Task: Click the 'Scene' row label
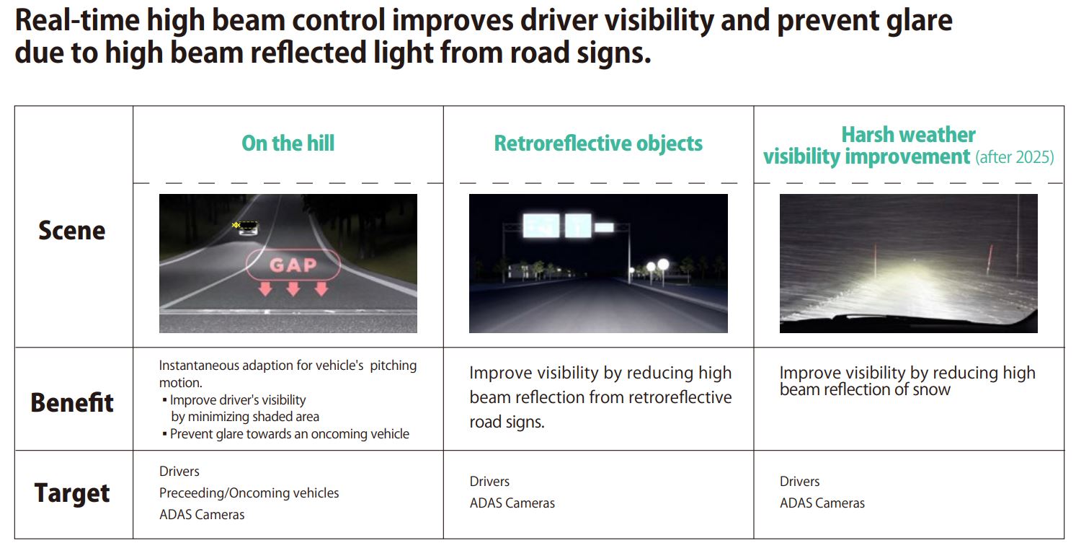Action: click(72, 231)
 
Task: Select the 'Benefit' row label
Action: click(72, 402)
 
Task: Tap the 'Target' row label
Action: click(72, 493)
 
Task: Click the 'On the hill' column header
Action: click(288, 143)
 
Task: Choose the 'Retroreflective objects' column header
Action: click(598, 143)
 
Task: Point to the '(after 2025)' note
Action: click(1015, 157)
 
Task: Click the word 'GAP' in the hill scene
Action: click(293, 265)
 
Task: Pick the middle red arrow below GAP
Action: click(293, 289)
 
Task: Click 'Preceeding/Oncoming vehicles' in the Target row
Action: click(249, 493)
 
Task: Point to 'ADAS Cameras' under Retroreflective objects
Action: click(512, 503)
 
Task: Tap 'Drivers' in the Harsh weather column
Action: click(799, 482)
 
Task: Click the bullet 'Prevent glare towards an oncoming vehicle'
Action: click(289, 434)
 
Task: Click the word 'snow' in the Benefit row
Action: click(931, 390)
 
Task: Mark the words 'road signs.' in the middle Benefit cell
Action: click(507, 422)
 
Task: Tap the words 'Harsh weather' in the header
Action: click(908, 135)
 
